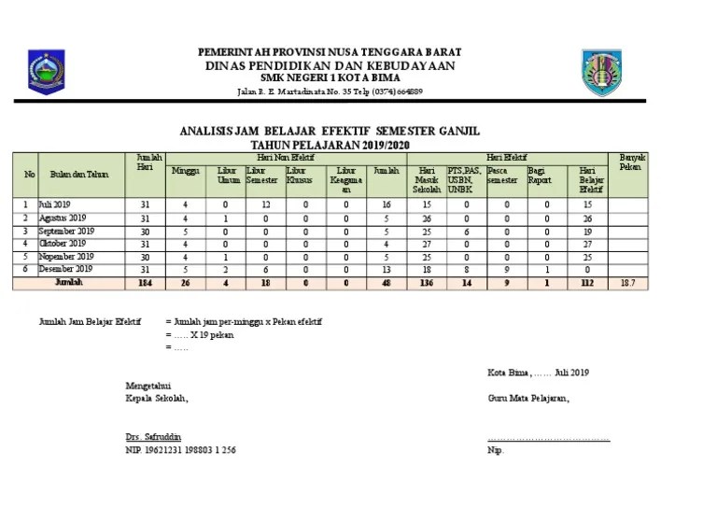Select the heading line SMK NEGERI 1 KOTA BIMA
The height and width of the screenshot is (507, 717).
(328, 79)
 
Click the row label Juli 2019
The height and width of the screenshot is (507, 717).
(55, 204)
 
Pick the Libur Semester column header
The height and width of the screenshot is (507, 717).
(262, 176)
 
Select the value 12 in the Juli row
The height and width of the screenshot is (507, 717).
(265, 204)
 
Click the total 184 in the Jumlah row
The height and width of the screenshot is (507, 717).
(144, 281)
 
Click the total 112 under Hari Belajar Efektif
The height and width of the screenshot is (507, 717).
(585, 281)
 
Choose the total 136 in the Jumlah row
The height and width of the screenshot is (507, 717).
(425, 281)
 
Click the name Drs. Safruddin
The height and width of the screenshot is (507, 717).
(154, 437)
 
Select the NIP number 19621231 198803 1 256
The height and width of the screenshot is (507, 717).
(180, 449)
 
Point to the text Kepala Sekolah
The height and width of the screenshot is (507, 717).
(157, 397)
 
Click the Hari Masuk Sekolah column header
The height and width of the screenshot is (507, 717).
(425, 180)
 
